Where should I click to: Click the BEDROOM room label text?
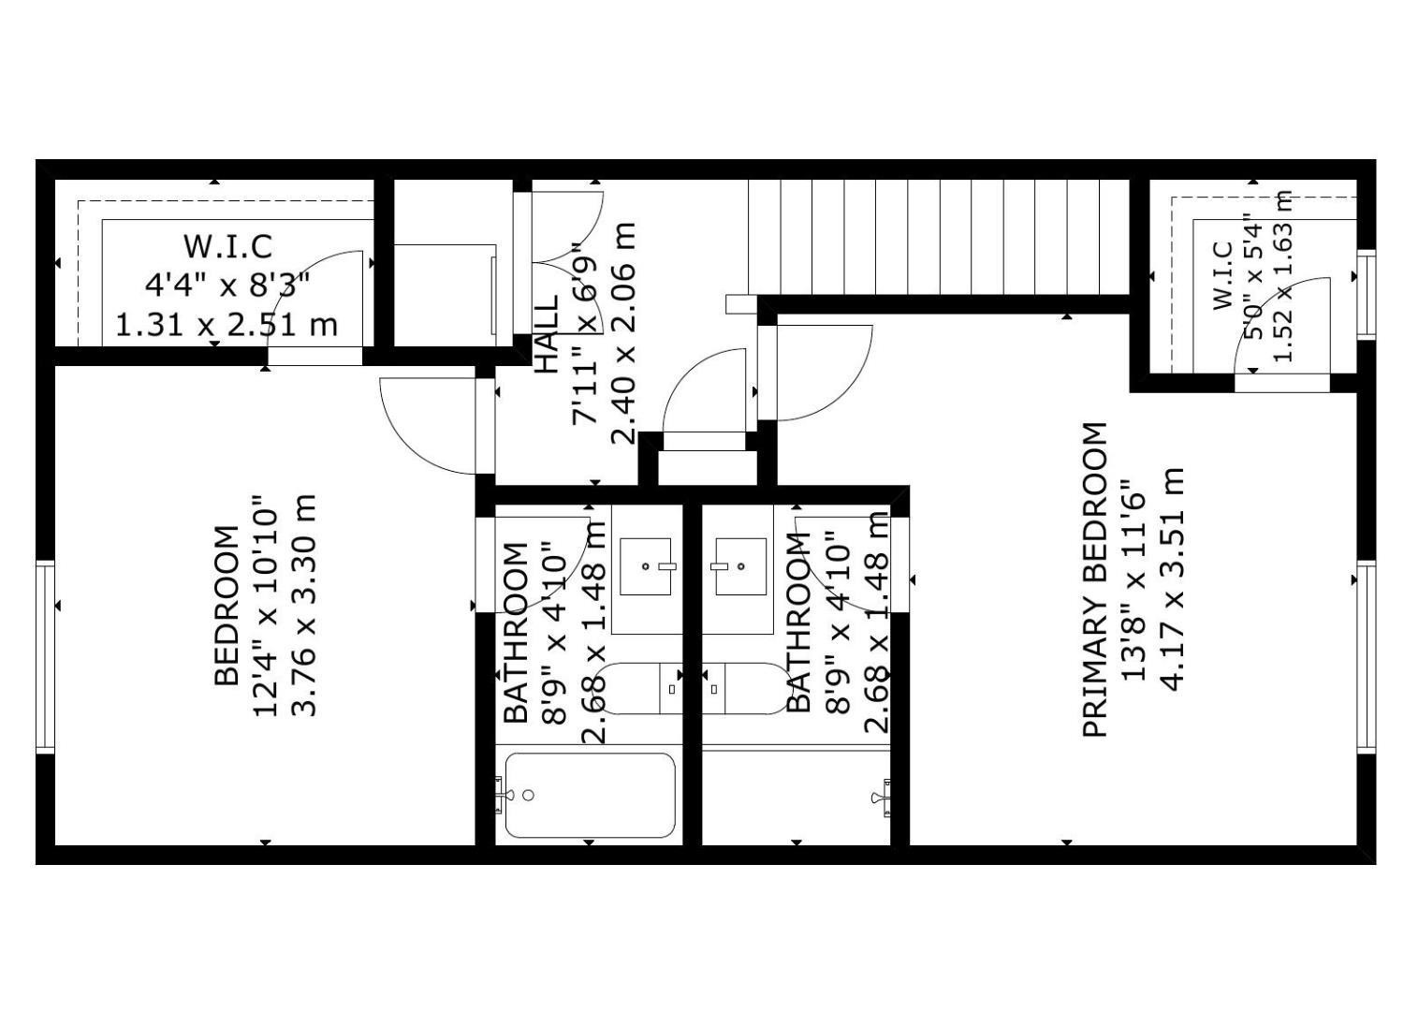tap(227, 606)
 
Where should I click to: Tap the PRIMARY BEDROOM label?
tap(1095, 579)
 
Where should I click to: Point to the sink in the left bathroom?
tap(646, 566)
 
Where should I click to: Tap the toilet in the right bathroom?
tap(745, 689)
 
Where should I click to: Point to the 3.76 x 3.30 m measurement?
tap(306, 606)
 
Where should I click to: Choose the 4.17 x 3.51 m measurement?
tap(1173, 579)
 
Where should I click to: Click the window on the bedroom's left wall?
tap(45, 655)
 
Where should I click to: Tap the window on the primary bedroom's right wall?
tap(1367, 655)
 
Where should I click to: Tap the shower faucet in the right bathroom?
tap(881, 797)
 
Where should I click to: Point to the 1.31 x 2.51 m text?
tap(227, 325)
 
